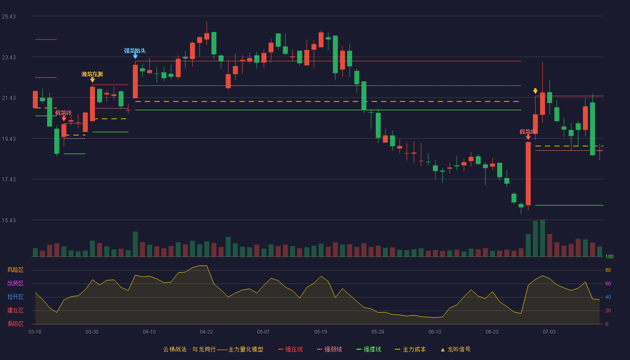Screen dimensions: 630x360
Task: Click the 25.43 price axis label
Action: [9, 17]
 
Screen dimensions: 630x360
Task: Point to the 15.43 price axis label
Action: [9, 220]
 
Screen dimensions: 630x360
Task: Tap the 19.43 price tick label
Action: [9, 139]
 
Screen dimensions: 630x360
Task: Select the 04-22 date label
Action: [206, 332]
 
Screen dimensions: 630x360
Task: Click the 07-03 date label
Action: [549, 332]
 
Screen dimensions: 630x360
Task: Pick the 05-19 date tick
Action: [320, 332]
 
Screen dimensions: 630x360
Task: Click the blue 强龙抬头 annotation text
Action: [135, 50]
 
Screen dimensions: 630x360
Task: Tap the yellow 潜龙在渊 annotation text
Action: [92, 74]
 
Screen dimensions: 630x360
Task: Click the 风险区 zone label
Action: [15, 270]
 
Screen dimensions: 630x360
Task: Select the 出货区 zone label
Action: [15, 283]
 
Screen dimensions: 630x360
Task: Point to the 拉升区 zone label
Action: [15, 297]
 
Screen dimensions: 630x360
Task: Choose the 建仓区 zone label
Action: [15, 310]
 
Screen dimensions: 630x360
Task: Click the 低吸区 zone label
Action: [15, 324]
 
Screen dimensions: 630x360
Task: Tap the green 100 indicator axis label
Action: [609, 256]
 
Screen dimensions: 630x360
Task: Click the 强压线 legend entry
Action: [290, 349]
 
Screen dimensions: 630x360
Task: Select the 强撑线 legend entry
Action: [369, 349]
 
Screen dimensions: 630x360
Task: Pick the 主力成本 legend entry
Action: [410, 349]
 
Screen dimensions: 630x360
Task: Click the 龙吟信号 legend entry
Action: [455, 349]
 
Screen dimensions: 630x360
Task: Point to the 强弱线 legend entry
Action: [329, 349]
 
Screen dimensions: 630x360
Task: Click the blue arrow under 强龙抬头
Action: [135, 56]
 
